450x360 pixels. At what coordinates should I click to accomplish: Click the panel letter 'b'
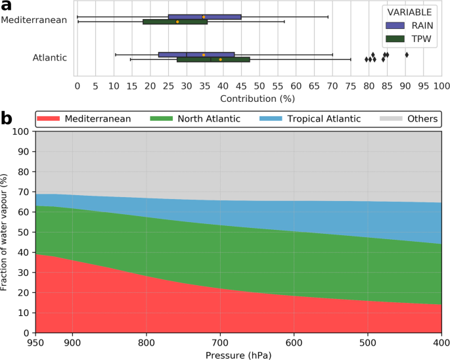pyautogui.click(x=7, y=119)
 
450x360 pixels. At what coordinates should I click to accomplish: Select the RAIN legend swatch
pyautogui.click(x=396, y=24)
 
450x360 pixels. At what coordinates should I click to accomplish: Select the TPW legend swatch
pyautogui.click(x=396, y=38)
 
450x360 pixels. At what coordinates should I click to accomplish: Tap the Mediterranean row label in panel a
pyautogui.click(x=34, y=20)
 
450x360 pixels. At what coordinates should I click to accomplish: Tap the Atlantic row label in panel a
pyautogui.click(x=50, y=58)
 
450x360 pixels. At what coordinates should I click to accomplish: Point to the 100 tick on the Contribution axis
pyautogui.click(x=441, y=85)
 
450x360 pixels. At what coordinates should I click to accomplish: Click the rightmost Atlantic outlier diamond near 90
pyautogui.click(x=407, y=55)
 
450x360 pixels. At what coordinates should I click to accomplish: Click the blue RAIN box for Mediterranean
pyautogui.click(x=204, y=16)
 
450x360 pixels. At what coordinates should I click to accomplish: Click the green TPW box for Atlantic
pyautogui.click(x=214, y=60)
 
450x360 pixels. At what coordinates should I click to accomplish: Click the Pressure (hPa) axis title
pyautogui.click(x=238, y=355)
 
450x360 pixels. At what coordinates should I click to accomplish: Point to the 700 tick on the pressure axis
pyautogui.click(x=220, y=342)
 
